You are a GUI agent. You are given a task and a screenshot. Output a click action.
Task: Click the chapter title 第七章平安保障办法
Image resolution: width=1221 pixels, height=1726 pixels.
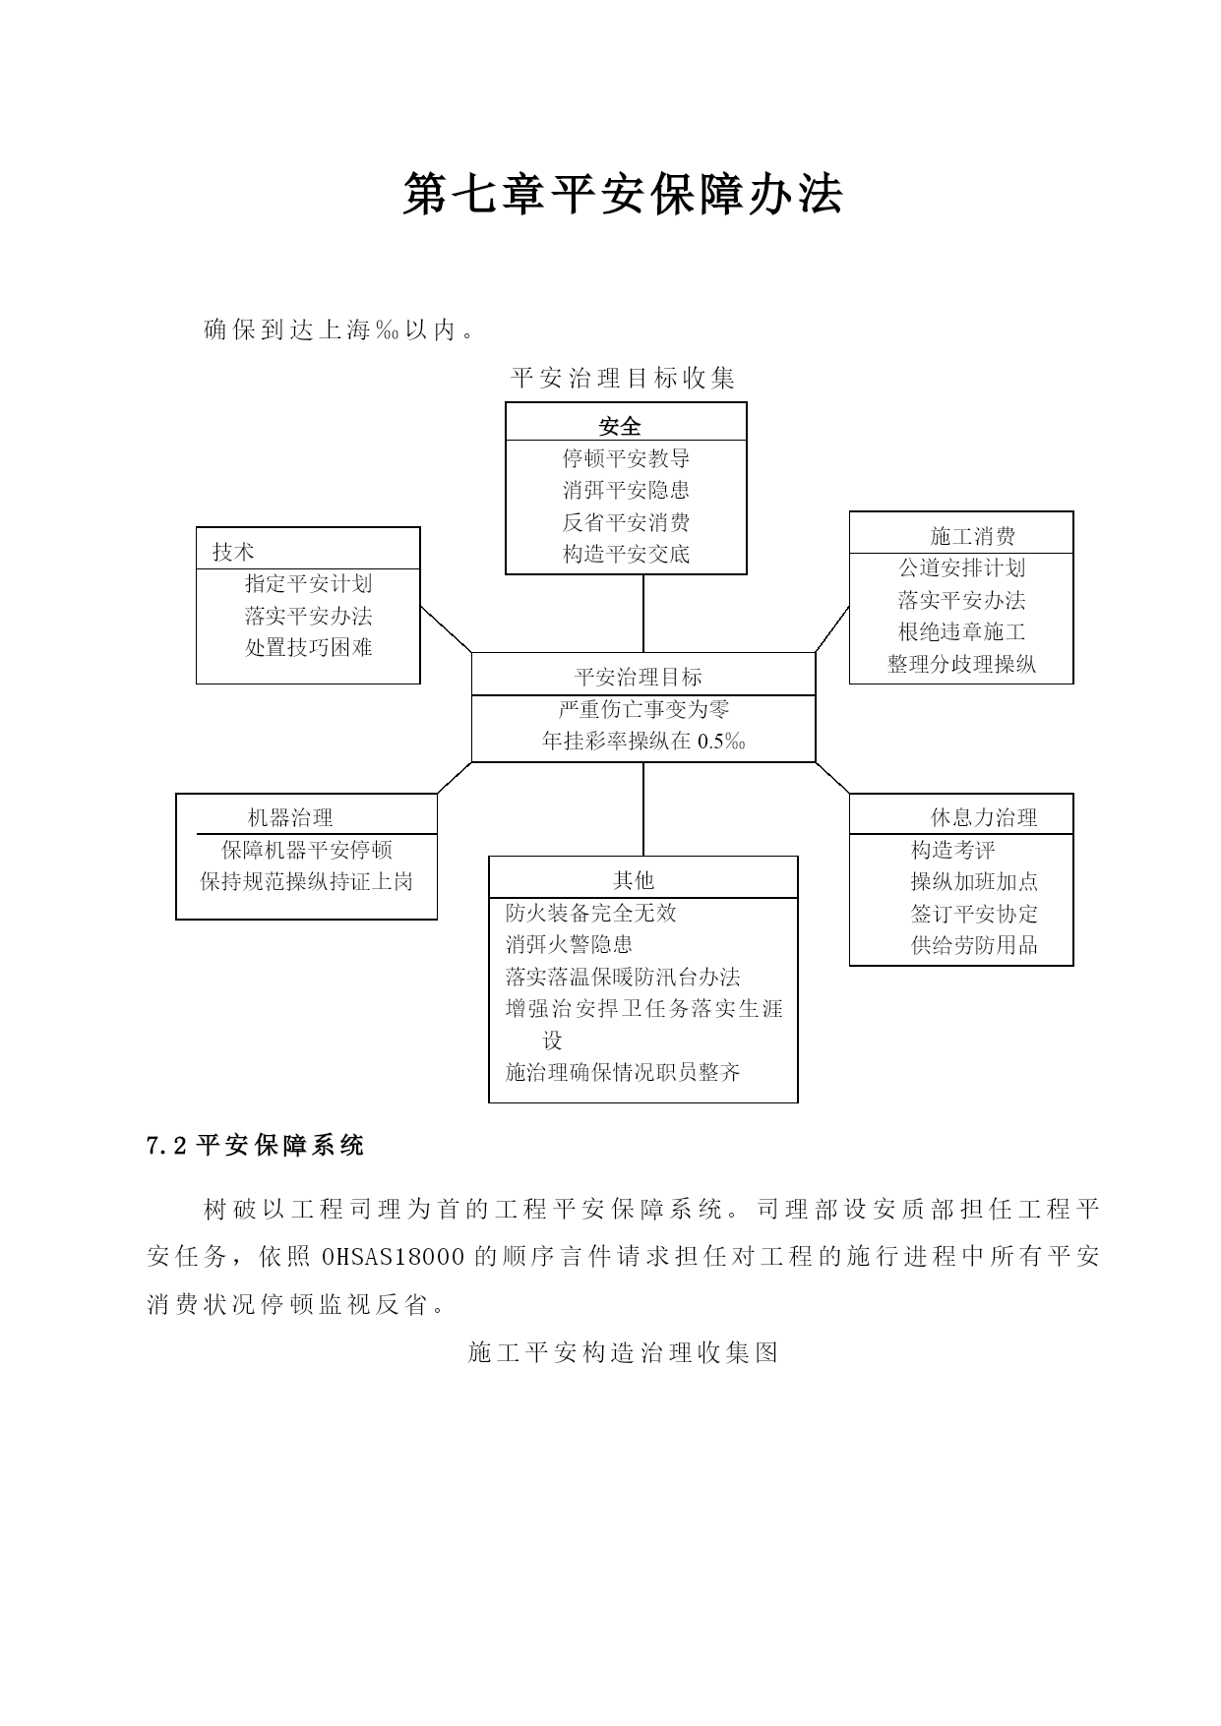[x=623, y=195]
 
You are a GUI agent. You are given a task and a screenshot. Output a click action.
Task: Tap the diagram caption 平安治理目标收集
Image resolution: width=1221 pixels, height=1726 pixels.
[x=624, y=378]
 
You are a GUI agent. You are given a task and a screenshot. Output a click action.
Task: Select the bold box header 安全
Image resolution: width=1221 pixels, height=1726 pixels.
[x=620, y=426]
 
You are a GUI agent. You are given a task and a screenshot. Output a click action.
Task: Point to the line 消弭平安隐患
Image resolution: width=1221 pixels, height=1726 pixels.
[x=626, y=490]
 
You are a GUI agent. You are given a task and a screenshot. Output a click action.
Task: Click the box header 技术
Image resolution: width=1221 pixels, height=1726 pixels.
[x=233, y=552]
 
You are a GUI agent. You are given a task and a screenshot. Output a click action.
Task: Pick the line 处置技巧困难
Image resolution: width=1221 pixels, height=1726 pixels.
[x=309, y=647]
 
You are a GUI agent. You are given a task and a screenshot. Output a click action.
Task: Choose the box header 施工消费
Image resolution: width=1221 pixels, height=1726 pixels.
[x=973, y=536]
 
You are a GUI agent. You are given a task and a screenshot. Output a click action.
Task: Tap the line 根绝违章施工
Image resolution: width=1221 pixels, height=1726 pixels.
[x=961, y=631]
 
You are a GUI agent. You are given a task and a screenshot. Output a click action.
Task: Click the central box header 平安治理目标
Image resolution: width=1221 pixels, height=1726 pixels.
[x=639, y=677]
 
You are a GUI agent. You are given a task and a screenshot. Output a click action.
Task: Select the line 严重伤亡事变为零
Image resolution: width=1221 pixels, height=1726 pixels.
[x=643, y=709]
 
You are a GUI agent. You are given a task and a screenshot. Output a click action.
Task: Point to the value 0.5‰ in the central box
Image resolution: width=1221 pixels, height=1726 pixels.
[x=721, y=742]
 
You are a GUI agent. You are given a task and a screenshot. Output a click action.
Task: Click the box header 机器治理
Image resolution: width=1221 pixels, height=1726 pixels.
[x=290, y=817]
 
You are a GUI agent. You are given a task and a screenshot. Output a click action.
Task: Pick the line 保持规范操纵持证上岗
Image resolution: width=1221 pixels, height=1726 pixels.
[x=307, y=881]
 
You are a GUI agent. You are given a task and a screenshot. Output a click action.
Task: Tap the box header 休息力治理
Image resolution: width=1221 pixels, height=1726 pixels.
[x=984, y=817]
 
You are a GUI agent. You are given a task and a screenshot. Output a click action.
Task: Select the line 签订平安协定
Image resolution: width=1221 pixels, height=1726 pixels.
[x=974, y=914]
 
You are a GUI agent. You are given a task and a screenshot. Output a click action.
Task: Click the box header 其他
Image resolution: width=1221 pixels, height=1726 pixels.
[x=634, y=880]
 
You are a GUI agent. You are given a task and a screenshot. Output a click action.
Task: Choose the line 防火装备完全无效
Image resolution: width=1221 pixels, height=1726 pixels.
[x=591, y=913]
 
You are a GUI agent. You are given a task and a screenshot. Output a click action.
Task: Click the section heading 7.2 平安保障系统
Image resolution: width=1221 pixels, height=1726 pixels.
[x=256, y=1145]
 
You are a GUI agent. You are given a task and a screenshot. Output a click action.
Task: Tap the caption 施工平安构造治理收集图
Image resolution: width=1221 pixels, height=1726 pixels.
[x=624, y=1353]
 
